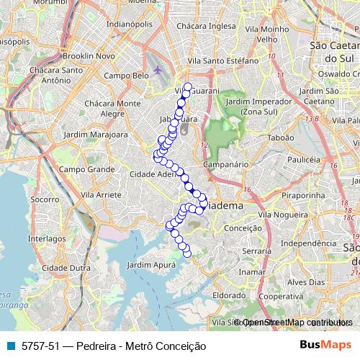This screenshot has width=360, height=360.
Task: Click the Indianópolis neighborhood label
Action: click(130, 23)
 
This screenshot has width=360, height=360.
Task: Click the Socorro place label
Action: click(45, 198)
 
